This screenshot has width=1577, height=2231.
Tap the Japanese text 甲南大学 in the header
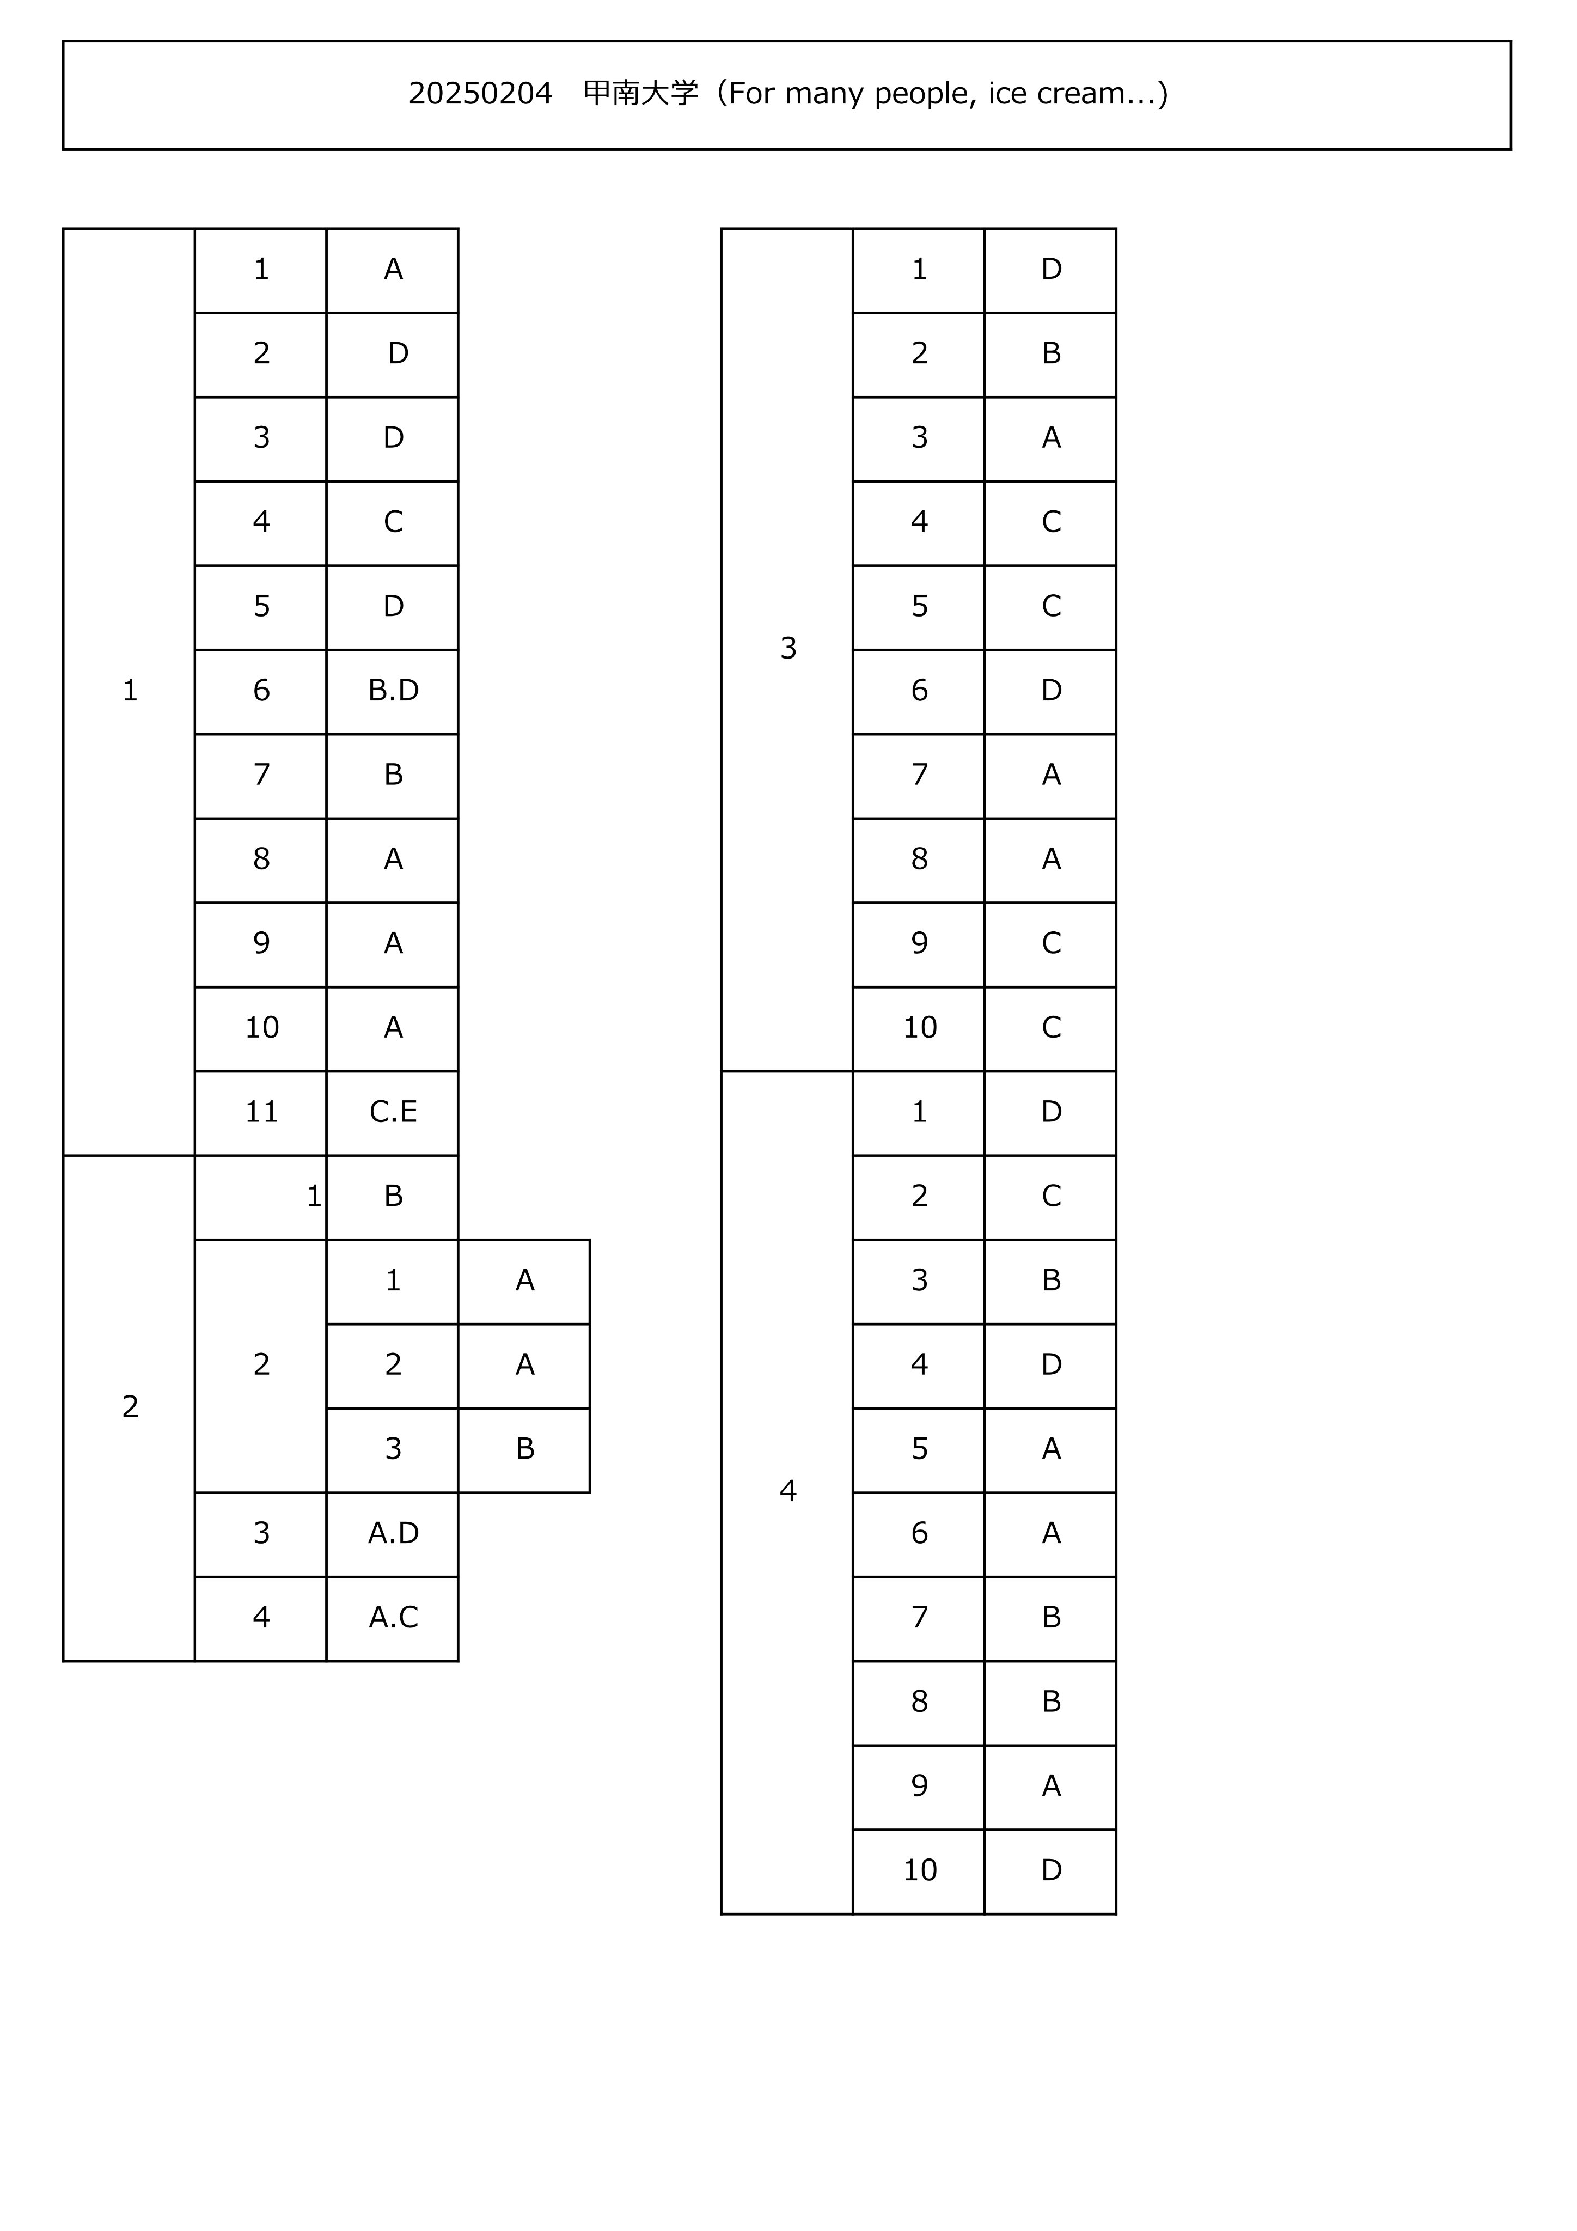coord(640,93)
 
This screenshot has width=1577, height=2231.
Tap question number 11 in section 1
coord(261,1112)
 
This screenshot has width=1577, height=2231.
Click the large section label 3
coord(788,648)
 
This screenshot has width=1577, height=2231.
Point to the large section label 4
coord(788,1491)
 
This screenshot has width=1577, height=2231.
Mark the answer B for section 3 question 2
coord(1052,353)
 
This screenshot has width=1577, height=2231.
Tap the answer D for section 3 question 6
coord(1052,691)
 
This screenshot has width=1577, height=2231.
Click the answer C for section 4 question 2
coord(1052,1196)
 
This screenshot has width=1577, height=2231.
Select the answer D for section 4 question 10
coord(1052,1870)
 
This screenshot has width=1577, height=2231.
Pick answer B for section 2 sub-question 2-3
coord(525,1449)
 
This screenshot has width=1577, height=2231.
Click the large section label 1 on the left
coord(130,691)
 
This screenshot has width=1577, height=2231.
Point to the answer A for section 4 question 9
coord(1052,1786)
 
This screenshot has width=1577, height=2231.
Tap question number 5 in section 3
coord(919,606)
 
